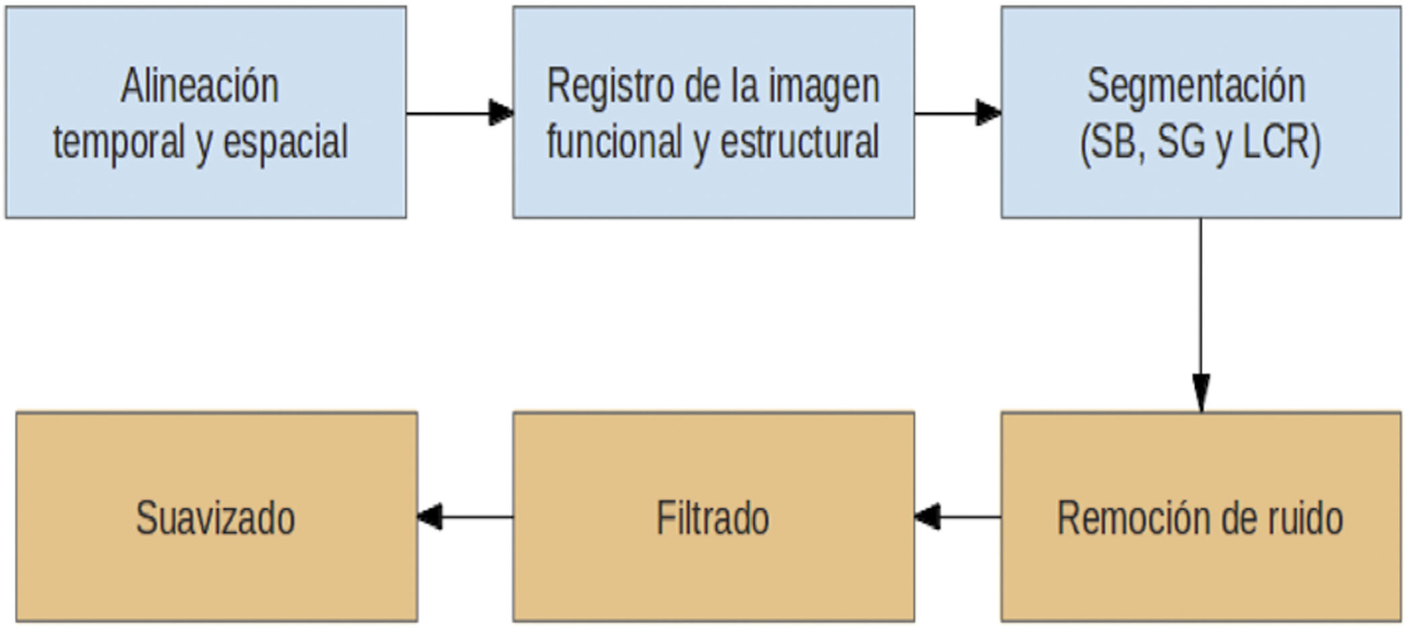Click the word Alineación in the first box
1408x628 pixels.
click(199, 86)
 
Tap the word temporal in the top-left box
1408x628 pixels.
click(119, 142)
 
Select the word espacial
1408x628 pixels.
click(286, 142)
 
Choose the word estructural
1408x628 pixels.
click(800, 141)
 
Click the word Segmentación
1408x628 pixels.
click(1197, 86)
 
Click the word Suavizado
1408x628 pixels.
click(215, 518)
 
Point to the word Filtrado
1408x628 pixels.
click(712, 518)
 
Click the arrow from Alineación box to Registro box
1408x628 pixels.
click(460, 113)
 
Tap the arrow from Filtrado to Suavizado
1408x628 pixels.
click(465, 517)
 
